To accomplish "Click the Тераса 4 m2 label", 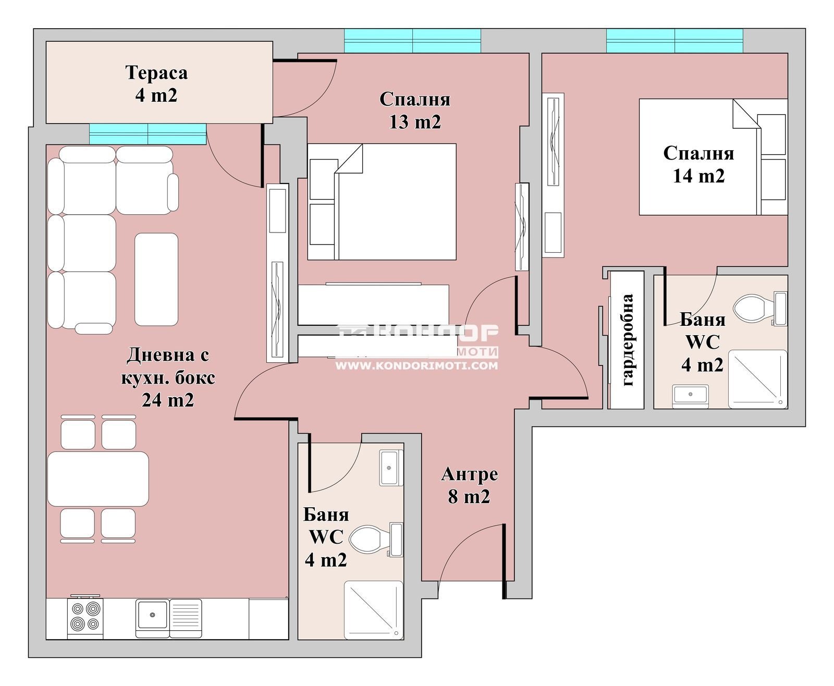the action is click(156, 84).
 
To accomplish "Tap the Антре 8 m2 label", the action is click(470, 485).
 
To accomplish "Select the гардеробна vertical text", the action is click(627, 340).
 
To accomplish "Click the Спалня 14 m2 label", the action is click(698, 164).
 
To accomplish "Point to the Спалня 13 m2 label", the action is click(415, 111).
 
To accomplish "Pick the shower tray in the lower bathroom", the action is click(373, 609).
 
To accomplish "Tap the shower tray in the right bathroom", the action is click(758, 379).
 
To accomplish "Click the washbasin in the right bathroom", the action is click(690, 396).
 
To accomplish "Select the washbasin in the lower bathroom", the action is click(391, 468).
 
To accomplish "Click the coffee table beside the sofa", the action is click(156, 279).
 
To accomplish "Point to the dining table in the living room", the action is click(98, 479).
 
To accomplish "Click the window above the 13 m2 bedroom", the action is click(412, 41).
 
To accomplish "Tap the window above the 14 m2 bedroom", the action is click(674, 41).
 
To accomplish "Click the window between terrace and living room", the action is click(148, 134).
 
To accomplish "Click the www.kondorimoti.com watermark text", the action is click(416, 366).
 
